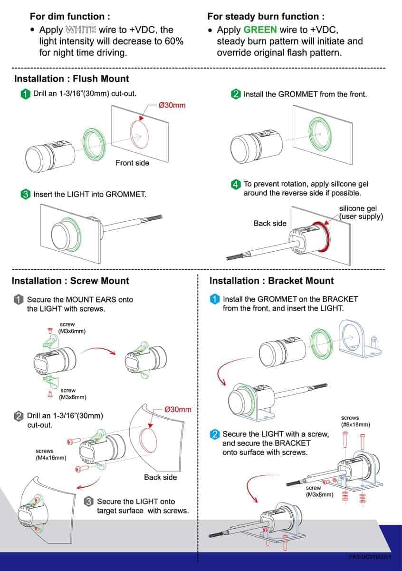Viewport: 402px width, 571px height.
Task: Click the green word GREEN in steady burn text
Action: [x=260, y=30]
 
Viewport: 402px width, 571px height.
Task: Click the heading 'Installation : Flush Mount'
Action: [x=71, y=79]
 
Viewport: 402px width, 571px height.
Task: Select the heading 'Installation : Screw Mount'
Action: [x=70, y=281]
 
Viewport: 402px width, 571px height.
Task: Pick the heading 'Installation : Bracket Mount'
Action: [x=272, y=281]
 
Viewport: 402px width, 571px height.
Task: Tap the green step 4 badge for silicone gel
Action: [x=236, y=184]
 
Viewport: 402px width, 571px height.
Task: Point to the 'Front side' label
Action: [x=132, y=163]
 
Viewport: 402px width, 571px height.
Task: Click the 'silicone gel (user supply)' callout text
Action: [x=361, y=213]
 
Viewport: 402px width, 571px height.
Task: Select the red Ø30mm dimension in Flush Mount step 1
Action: [x=172, y=105]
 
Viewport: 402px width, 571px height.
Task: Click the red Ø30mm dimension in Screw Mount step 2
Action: [x=178, y=410]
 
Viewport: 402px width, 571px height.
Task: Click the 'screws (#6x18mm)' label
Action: [x=355, y=421]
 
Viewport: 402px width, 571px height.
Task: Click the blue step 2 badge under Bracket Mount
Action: [x=215, y=434]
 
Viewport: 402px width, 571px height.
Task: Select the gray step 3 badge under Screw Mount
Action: [x=88, y=501]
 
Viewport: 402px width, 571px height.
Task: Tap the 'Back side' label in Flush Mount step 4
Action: [x=270, y=223]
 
